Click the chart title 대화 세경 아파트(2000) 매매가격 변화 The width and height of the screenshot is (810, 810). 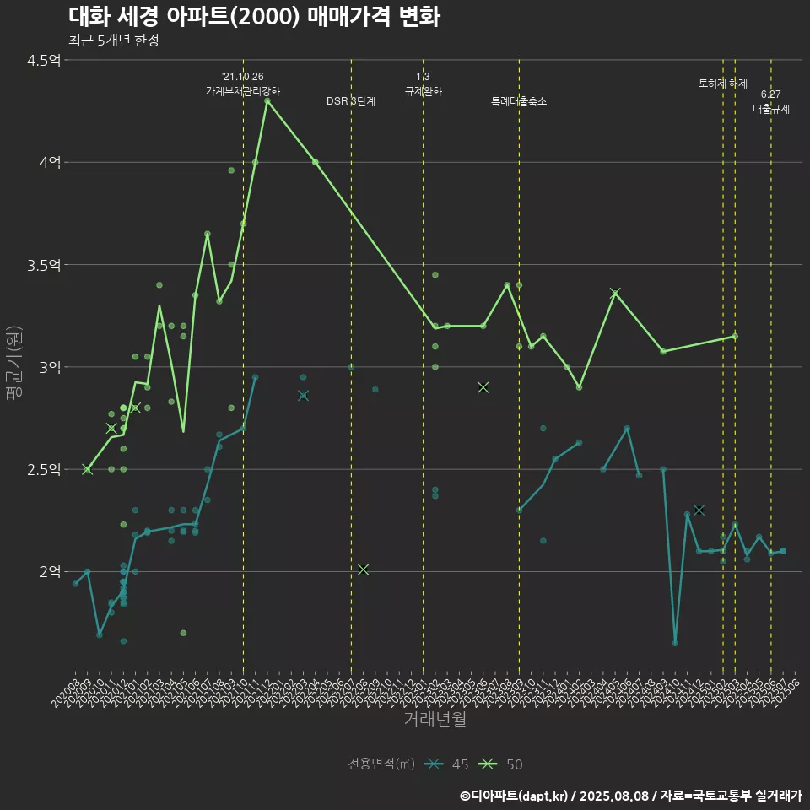tap(253, 17)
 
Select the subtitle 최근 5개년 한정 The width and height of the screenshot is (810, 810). tap(113, 40)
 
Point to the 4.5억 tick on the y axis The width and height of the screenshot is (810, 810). tap(44, 60)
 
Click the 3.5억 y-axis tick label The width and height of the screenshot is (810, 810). tap(44, 265)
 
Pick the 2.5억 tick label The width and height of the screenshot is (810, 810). tap(44, 469)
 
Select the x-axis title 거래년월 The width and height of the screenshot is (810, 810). tap(435, 720)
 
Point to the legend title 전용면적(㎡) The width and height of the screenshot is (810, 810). tap(381, 764)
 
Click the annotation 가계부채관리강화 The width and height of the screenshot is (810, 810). tap(243, 90)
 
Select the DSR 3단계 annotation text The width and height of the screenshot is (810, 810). tap(351, 101)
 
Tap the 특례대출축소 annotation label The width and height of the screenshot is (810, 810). tap(519, 101)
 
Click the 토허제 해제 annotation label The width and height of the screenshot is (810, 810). tap(723, 84)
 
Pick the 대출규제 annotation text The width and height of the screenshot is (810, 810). tap(771, 109)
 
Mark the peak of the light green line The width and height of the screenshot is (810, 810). tap(267, 100)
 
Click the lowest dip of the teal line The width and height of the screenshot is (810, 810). tap(675, 643)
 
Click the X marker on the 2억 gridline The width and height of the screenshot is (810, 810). tap(363, 570)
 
